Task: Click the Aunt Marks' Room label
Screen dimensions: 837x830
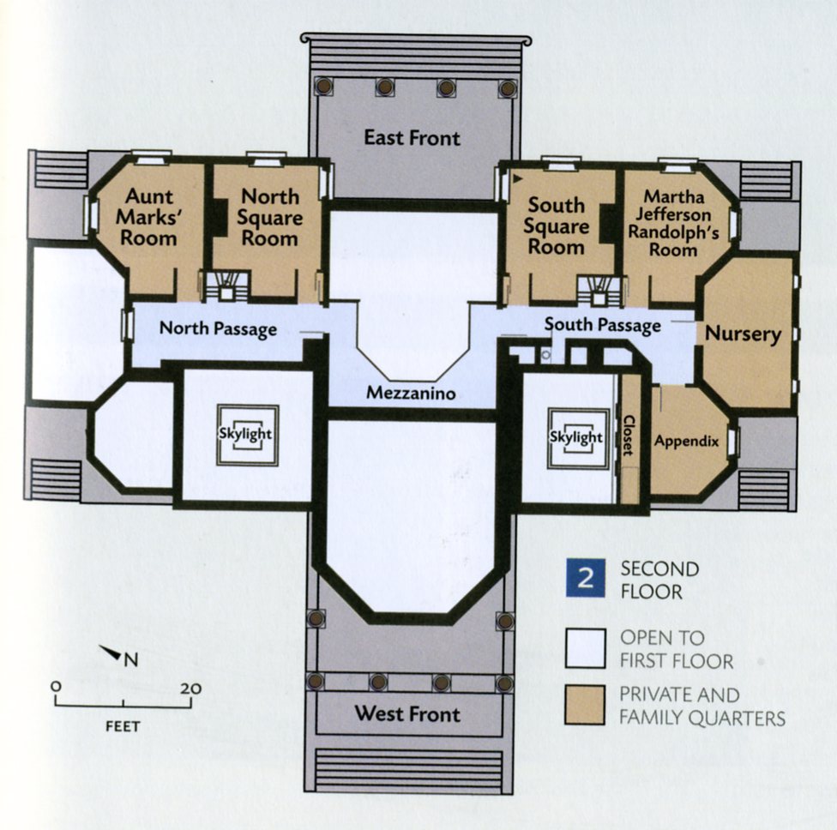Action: [x=148, y=217]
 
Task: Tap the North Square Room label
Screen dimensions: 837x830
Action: [x=269, y=217]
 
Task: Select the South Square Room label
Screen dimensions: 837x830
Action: [x=557, y=226]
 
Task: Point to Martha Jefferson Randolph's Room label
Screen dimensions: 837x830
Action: [x=673, y=223]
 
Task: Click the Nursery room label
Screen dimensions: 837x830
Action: [x=743, y=334]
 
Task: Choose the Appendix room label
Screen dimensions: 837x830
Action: [x=686, y=442]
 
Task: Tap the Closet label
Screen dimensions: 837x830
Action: [x=629, y=436]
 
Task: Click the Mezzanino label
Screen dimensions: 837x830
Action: [x=411, y=394]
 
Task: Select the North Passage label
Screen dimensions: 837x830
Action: [x=219, y=328]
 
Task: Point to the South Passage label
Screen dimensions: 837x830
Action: [x=603, y=325]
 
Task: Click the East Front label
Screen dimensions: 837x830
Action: [x=412, y=138]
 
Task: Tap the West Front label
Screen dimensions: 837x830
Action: [x=407, y=713]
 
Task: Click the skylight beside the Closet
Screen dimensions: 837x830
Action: [x=578, y=439]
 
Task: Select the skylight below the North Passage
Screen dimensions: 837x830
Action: [x=247, y=435]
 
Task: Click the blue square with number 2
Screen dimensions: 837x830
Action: [x=586, y=578]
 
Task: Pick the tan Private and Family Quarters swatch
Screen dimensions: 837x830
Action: [x=585, y=705]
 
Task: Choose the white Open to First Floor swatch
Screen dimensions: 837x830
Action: [x=586, y=648]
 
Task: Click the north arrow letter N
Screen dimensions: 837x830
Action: [x=131, y=660]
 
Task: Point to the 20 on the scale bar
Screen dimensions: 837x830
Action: [x=190, y=689]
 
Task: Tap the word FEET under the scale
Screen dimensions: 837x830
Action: [x=123, y=726]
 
